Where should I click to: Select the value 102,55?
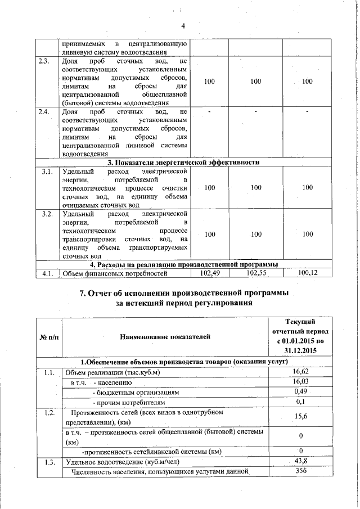click(256, 273)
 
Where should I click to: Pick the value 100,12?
click(308, 273)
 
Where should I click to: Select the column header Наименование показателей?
click(165, 337)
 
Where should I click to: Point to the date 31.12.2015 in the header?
click(301, 351)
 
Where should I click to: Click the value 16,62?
click(301, 372)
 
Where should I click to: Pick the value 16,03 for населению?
click(301, 382)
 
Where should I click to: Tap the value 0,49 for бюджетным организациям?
click(301, 392)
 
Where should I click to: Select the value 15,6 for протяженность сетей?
click(301, 417)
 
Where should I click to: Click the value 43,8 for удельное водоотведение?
click(301, 462)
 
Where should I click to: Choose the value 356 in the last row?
click(301, 471)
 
